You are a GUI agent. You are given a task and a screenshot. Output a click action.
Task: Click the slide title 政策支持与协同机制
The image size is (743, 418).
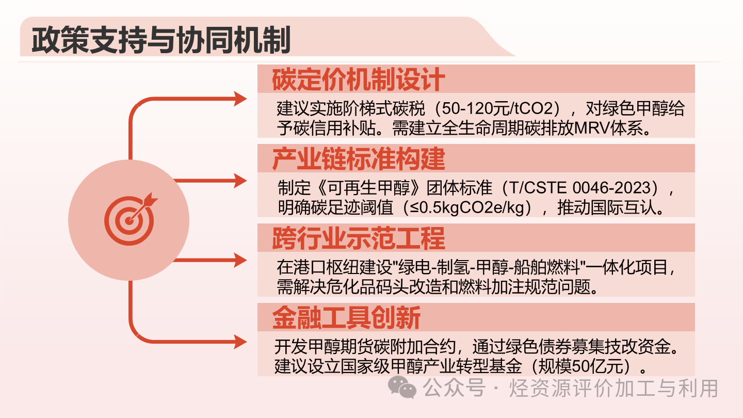(160, 40)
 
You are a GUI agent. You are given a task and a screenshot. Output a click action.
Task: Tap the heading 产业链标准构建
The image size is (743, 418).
(358, 159)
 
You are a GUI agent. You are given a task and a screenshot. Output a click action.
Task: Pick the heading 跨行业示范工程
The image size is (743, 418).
(358, 238)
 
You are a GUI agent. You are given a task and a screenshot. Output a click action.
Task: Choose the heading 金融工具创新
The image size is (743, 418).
(346, 318)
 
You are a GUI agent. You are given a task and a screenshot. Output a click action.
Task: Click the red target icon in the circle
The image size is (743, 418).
(130, 219)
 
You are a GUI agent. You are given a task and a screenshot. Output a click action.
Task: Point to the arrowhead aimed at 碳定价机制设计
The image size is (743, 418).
(241, 98)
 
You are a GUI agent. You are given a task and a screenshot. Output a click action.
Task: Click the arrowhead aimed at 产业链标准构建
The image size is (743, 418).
(241, 181)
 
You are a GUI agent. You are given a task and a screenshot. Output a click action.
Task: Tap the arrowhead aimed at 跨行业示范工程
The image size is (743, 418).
(241, 260)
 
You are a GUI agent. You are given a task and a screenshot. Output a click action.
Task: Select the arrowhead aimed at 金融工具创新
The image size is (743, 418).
(241, 341)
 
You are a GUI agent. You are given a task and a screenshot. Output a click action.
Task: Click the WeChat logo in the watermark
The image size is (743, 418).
(402, 387)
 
